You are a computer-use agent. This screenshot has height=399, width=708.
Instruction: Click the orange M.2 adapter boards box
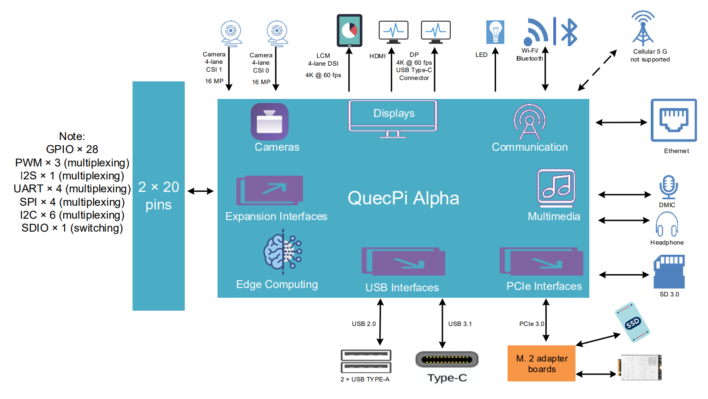click(541, 363)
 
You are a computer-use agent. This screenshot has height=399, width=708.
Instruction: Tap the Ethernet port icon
click(673, 120)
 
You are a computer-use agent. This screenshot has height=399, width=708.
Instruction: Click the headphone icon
click(666, 224)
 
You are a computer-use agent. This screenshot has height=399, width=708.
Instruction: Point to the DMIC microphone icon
click(668, 187)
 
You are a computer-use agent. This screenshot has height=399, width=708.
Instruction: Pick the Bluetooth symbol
click(569, 32)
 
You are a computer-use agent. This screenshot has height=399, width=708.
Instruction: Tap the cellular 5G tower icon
click(643, 28)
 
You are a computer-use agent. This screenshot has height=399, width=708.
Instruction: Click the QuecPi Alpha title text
click(403, 198)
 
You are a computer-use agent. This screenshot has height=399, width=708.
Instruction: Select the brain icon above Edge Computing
click(282, 252)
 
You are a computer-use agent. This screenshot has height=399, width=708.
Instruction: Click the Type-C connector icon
click(447, 360)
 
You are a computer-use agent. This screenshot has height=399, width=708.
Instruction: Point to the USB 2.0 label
click(363, 324)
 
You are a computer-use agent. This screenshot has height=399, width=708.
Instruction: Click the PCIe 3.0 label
click(531, 324)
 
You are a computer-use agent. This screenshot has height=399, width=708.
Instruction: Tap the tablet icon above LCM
click(349, 31)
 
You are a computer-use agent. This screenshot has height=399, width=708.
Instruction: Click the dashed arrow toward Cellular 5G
click(597, 71)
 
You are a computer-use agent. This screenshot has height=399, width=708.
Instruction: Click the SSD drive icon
click(632, 322)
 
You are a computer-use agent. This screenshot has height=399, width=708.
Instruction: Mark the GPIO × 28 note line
click(72, 149)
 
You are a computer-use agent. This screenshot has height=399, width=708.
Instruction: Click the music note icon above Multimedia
click(556, 187)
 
